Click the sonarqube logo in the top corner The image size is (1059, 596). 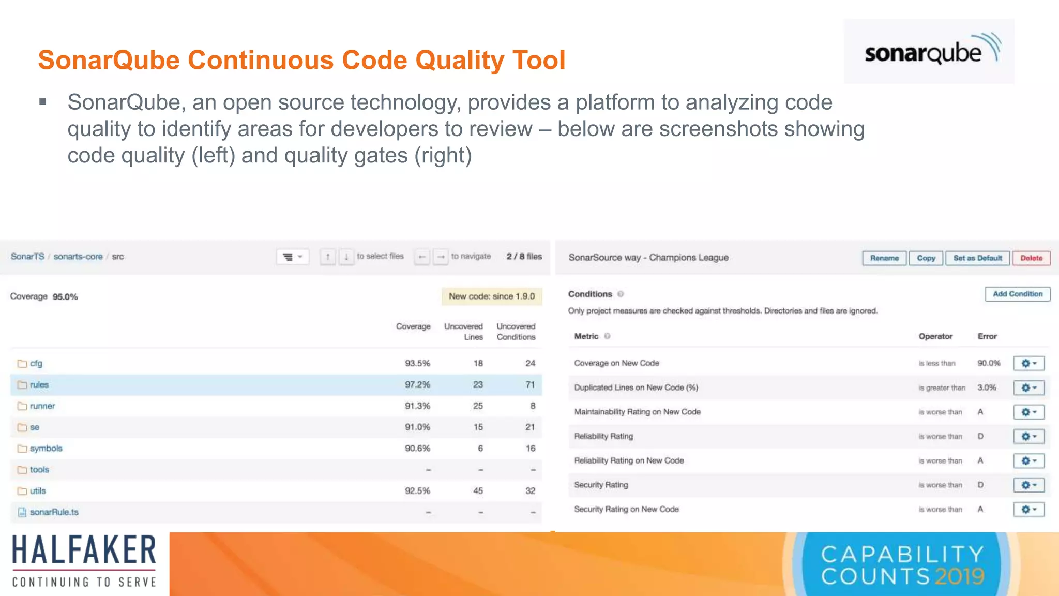[929, 52]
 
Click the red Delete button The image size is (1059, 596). [1031, 258]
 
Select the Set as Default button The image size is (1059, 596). [977, 258]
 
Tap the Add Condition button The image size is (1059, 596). [1017, 294]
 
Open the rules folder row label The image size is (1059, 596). [39, 385]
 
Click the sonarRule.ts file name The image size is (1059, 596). [54, 512]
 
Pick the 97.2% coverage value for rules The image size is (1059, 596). [417, 385]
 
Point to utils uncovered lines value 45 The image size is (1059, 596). [478, 491]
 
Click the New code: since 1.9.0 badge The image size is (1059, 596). [491, 296]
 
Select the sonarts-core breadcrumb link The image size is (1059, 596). [78, 257]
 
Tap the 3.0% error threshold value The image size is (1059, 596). [987, 388]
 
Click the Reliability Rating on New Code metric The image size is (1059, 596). [629, 460]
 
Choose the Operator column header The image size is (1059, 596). [935, 336]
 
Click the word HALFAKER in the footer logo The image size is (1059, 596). [84, 550]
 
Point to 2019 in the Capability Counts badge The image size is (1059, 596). [959, 576]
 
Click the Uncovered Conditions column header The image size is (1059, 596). [516, 332]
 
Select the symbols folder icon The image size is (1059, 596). [22, 449]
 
